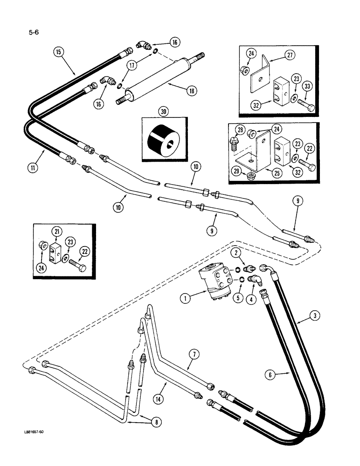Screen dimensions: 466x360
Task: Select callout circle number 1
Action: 186,297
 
